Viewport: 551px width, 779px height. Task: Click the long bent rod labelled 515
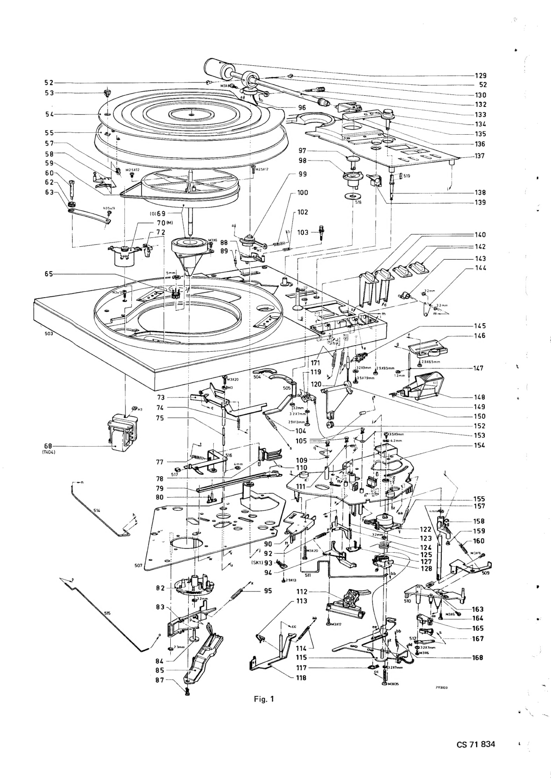(106, 611)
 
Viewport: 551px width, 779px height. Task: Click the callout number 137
(479, 156)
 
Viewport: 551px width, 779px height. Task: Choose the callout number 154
(479, 445)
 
